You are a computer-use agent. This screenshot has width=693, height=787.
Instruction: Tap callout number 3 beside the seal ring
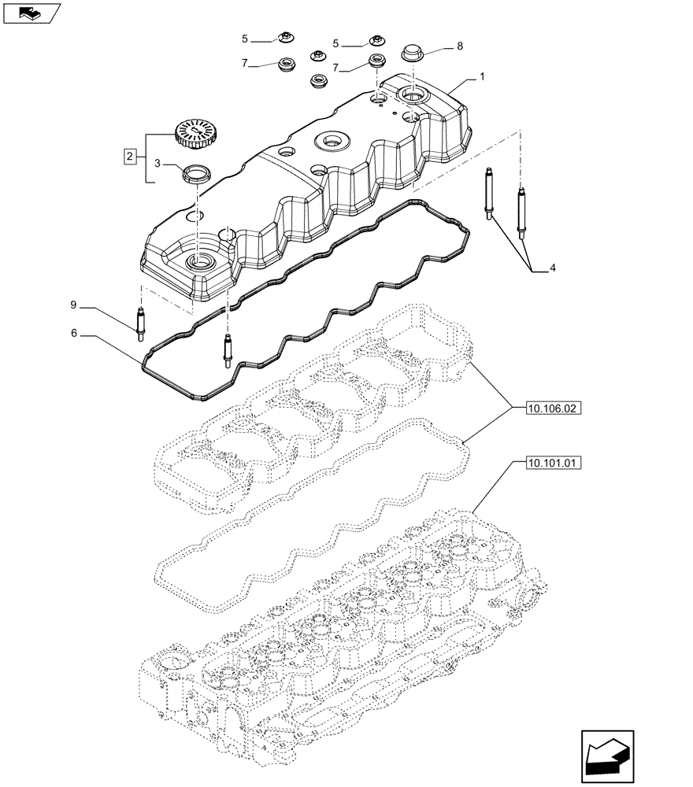(157, 164)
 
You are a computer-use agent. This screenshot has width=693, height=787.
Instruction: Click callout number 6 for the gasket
(75, 334)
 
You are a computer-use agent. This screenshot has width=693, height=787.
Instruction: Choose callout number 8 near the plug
(459, 47)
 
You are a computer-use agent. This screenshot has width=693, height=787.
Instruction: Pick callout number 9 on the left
(74, 305)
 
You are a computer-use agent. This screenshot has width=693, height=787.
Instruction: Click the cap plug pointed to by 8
(412, 54)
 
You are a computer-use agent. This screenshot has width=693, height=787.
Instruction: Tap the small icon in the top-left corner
(31, 12)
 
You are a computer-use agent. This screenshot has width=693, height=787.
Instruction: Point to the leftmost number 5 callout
(245, 38)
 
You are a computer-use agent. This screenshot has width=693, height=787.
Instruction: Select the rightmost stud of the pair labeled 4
(521, 211)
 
